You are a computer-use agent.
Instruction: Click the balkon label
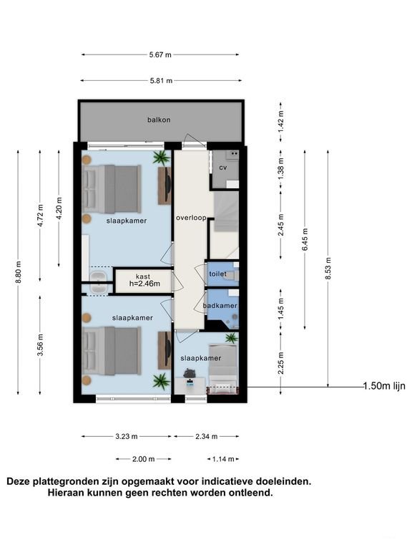coord(159,120)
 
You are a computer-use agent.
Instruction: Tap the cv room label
coord(222,168)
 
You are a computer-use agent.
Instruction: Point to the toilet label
coord(218,274)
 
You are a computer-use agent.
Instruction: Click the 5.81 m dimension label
coord(160,81)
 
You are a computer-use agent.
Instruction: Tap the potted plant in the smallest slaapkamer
coord(231,338)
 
